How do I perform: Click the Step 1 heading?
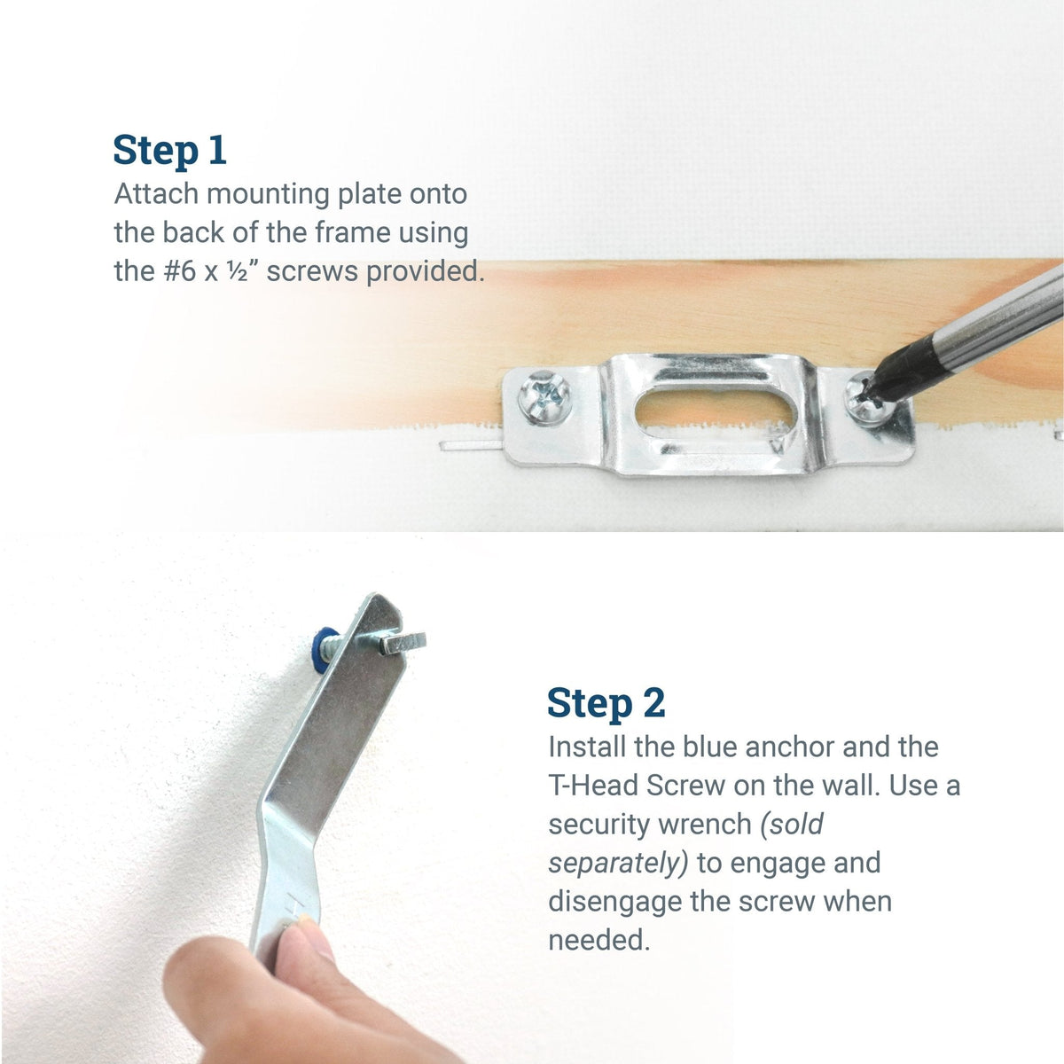coord(169,150)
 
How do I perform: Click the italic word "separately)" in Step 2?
coord(618,863)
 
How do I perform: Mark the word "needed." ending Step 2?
coord(598,940)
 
